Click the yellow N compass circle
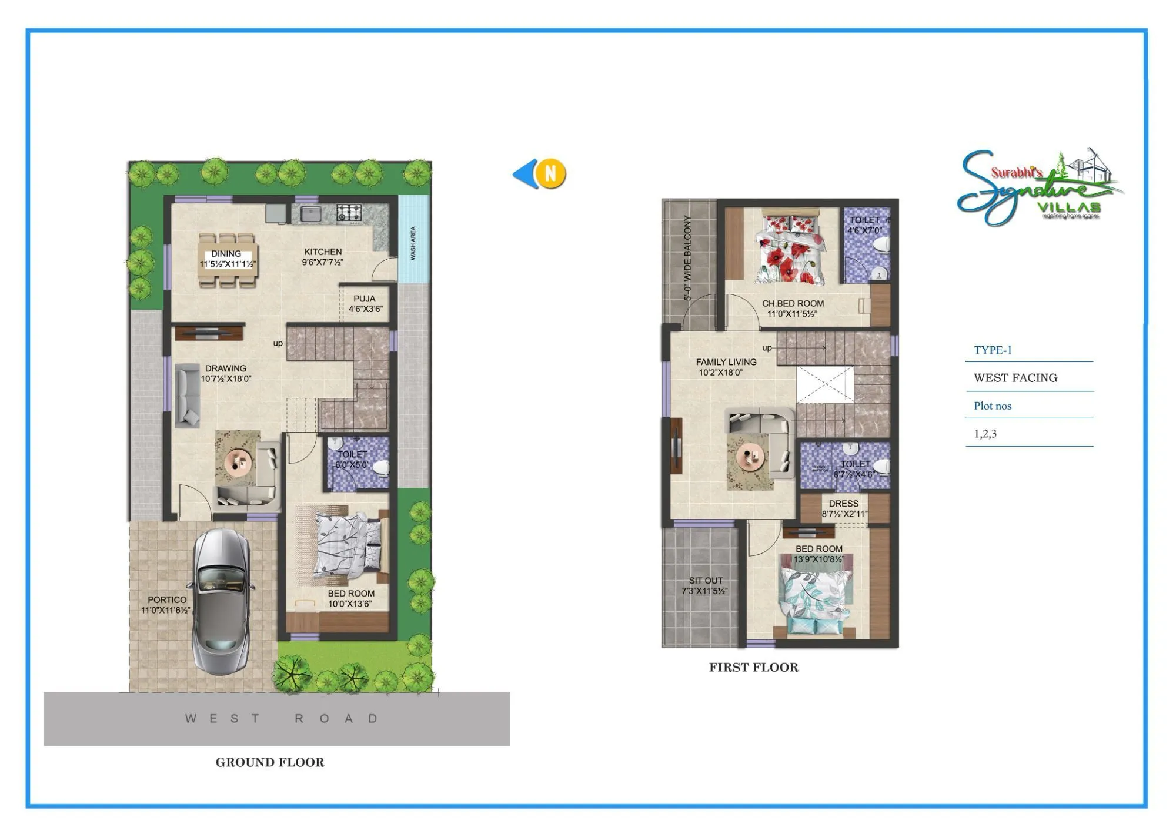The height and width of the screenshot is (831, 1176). point(551,174)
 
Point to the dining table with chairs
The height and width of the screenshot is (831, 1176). point(227,260)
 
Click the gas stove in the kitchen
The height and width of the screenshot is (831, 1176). point(349,212)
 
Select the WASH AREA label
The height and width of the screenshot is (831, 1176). point(413,243)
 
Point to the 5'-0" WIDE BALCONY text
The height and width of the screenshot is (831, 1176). point(687,258)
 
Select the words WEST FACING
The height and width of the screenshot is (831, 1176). point(1015,378)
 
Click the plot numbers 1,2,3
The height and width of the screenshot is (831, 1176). point(985,434)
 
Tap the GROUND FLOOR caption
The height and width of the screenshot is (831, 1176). point(270,762)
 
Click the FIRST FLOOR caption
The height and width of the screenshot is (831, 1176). point(753,667)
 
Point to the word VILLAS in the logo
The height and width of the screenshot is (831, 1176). point(1068,207)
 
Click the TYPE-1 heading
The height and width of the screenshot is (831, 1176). point(993,350)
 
